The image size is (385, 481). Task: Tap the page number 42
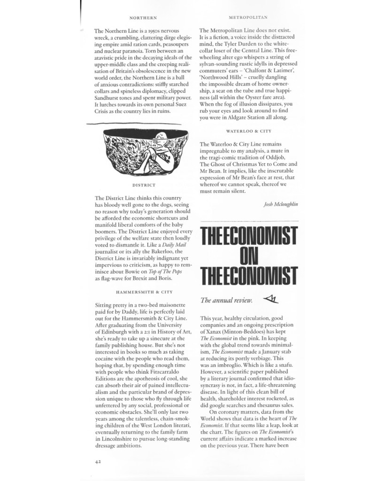(98, 461)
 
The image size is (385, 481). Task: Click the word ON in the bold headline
(248, 255)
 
